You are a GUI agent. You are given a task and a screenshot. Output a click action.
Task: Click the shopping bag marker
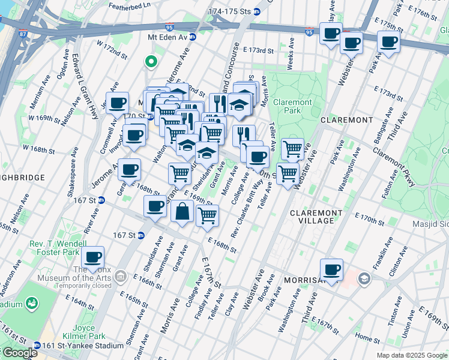pyautogui.click(x=182, y=212)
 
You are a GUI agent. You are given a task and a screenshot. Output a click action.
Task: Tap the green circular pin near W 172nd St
pyautogui.click(x=151, y=61)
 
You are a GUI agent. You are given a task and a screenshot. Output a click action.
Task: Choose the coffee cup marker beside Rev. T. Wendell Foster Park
pyautogui.click(x=92, y=258)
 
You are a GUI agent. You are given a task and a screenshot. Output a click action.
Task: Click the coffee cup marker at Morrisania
pyautogui.click(x=331, y=270)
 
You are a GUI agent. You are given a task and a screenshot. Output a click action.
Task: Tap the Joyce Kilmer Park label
pyautogui.click(x=82, y=332)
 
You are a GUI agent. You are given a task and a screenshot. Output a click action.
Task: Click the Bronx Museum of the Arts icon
pyautogui.click(x=121, y=276)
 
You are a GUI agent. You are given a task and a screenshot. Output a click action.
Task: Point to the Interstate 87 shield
pyautogui.click(x=22, y=34)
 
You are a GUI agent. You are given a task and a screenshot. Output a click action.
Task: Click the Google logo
pyautogui.click(x=19, y=352)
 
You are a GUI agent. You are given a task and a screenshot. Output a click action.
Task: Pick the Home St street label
pyautogui.click(x=364, y=337)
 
